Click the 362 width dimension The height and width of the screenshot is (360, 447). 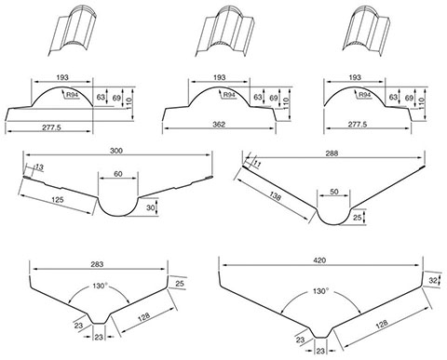[219, 125]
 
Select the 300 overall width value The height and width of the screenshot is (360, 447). [116, 151]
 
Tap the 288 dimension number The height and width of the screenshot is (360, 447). [332, 153]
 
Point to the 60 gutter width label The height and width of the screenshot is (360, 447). [118, 174]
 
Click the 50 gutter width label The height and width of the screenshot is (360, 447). [333, 192]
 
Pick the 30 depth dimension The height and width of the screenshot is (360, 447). [150, 207]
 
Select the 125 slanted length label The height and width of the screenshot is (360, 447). [58, 199]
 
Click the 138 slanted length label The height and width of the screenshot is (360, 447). [275, 196]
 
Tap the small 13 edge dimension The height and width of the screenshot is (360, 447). [39, 167]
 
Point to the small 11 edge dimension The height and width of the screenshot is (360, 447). [257, 165]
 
